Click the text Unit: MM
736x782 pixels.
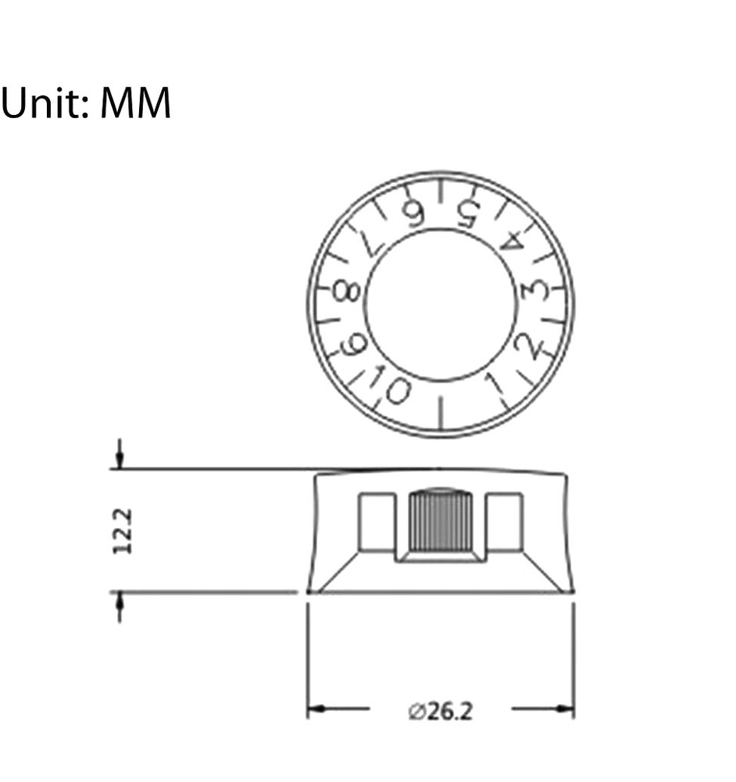pyautogui.click(x=86, y=102)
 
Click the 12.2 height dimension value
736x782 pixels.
pyautogui.click(x=123, y=531)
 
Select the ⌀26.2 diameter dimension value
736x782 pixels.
pyautogui.click(x=440, y=711)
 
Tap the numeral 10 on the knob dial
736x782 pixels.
pyautogui.click(x=390, y=385)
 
